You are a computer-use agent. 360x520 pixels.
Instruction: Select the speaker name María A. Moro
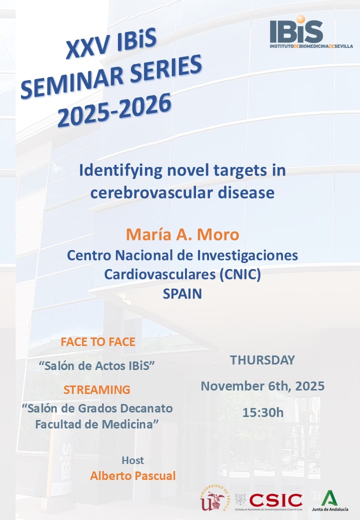[x=182, y=234]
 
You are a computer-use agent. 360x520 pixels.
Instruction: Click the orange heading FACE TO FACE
[x=98, y=342]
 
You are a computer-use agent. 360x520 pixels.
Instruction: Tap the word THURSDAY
[x=262, y=360]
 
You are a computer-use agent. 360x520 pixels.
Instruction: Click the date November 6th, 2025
[x=262, y=386]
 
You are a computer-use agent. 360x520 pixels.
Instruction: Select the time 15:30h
[x=262, y=412]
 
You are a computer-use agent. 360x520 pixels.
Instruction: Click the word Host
[x=132, y=460]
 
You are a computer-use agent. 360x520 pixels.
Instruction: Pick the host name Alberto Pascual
[x=133, y=475]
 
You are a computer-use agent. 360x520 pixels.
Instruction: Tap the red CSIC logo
[x=276, y=499]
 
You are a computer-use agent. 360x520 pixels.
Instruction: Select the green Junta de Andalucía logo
[x=329, y=500]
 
